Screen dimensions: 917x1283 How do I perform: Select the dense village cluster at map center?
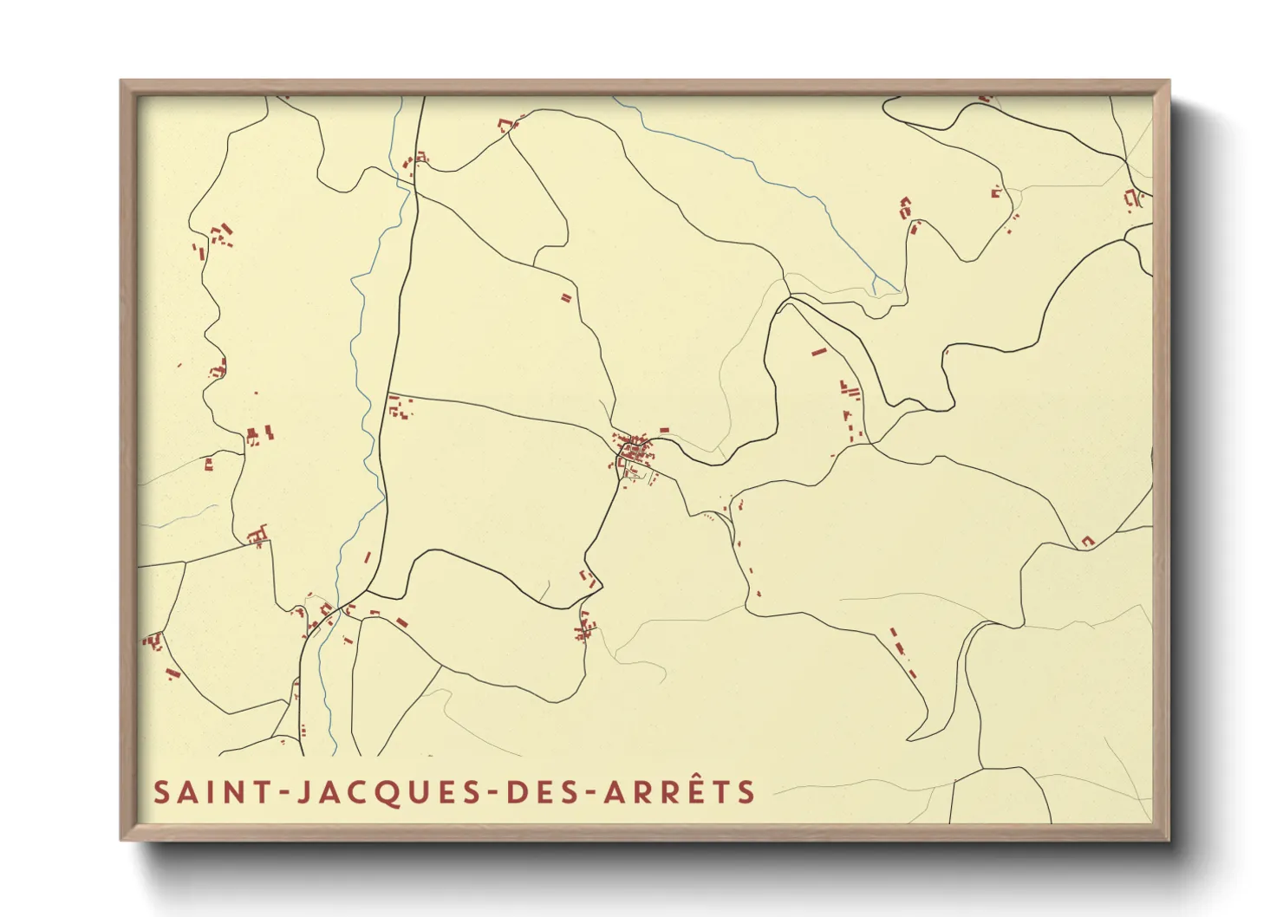(635, 452)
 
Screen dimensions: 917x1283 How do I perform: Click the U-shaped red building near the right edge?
(1087, 542)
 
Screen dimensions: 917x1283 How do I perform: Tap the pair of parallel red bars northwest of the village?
(566, 297)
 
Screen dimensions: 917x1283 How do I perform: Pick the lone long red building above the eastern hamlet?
(818, 352)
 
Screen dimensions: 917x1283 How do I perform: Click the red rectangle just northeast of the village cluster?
(665, 430)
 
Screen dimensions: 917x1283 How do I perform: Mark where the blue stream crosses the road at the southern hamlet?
(328, 621)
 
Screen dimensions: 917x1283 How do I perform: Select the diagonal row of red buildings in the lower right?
(902, 652)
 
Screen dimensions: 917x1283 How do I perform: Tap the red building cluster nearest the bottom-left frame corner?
(153, 642)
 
